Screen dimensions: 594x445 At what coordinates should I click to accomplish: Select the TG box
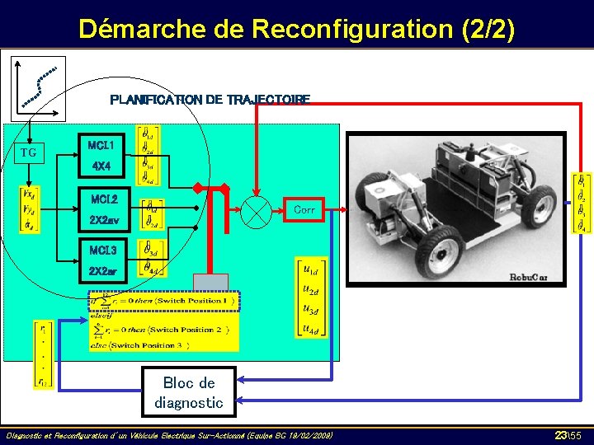[29, 152]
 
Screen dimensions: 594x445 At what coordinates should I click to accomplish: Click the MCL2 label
[104, 199]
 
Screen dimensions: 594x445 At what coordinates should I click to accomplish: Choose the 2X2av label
[104, 221]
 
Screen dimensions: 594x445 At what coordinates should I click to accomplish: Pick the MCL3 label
[104, 251]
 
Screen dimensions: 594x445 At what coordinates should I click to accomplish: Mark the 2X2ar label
[104, 271]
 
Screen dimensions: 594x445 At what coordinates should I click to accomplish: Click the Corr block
[304, 210]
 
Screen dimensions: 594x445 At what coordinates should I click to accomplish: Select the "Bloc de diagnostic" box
[189, 392]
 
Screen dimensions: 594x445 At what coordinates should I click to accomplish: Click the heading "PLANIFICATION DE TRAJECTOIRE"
[210, 100]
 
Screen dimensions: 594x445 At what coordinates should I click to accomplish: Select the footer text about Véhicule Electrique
[169, 434]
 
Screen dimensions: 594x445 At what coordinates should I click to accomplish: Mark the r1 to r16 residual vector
[44, 354]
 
